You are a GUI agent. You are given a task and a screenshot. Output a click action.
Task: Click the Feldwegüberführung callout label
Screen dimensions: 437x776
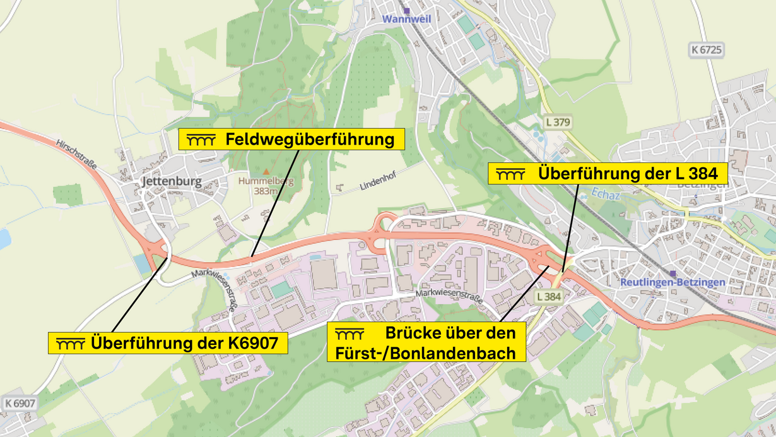click(x=291, y=139)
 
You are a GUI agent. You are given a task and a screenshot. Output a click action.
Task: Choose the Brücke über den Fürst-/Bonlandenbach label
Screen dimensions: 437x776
click(x=426, y=342)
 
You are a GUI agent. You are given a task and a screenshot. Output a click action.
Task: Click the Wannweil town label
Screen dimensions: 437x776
click(x=406, y=19)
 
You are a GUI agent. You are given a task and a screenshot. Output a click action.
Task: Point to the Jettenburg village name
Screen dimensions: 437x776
click(x=172, y=182)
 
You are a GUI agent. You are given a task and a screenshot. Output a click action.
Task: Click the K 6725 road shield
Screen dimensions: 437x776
click(x=706, y=49)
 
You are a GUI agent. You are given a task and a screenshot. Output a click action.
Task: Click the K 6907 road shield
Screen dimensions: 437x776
click(x=19, y=402)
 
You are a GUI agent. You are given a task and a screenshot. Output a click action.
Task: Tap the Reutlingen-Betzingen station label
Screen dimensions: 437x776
click(x=673, y=282)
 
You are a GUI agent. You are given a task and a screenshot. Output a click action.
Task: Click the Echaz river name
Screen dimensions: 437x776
click(x=606, y=195)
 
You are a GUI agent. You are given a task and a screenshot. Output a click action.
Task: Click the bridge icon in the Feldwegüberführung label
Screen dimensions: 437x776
click(x=201, y=140)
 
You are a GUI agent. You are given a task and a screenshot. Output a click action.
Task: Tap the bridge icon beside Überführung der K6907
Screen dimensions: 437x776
click(x=70, y=344)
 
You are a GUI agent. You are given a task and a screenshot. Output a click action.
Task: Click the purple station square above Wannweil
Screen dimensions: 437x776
click(x=407, y=10)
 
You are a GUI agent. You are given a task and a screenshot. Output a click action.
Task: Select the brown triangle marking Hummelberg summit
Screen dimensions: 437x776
click(x=266, y=171)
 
